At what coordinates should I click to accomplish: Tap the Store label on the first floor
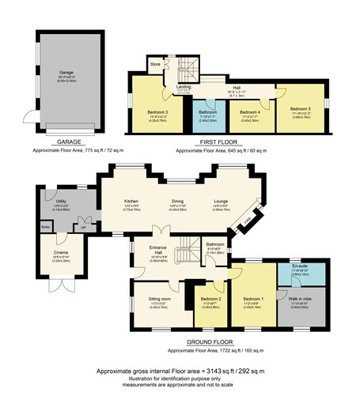coord(155,63)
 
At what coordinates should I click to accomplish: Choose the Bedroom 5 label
coord(300,108)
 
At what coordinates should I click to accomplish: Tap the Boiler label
coord(45,226)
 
